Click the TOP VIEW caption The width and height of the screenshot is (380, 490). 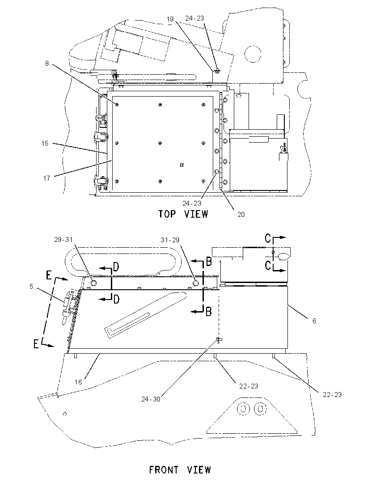tap(183, 214)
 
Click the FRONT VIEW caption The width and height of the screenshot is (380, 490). tap(180, 470)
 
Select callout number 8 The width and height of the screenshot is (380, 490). tap(47, 63)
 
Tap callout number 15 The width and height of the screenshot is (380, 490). tap(45, 143)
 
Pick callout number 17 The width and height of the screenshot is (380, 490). tap(46, 178)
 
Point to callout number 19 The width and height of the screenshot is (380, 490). tap(170, 19)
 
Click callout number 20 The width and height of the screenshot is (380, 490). tap(241, 215)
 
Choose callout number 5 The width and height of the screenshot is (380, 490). tap(31, 286)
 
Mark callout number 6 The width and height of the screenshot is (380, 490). tap(314, 321)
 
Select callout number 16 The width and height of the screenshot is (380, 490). tap(78, 382)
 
